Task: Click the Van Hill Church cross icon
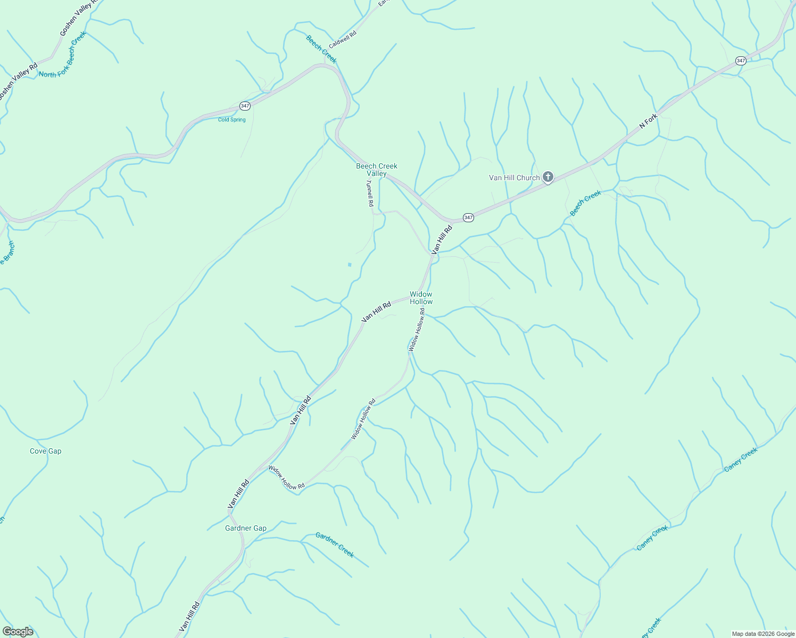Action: point(548,177)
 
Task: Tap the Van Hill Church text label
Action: point(514,178)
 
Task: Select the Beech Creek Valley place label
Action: point(377,170)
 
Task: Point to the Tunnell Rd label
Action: point(370,193)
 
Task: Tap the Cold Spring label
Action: point(232,120)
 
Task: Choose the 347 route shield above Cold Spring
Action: point(244,106)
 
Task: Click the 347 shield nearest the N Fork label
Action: point(741,61)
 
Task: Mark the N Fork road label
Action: point(649,121)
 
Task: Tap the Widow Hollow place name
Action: point(421,298)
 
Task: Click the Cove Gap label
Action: point(46,451)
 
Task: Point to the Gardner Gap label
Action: point(246,528)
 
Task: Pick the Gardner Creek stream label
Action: point(335,544)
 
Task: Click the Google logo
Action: point(18,632)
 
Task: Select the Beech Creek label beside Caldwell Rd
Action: point(321,49)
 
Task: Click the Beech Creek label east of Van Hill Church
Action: point(585,203)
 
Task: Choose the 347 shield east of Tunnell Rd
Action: point(468,217)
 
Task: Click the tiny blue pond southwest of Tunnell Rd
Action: point(350,265)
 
